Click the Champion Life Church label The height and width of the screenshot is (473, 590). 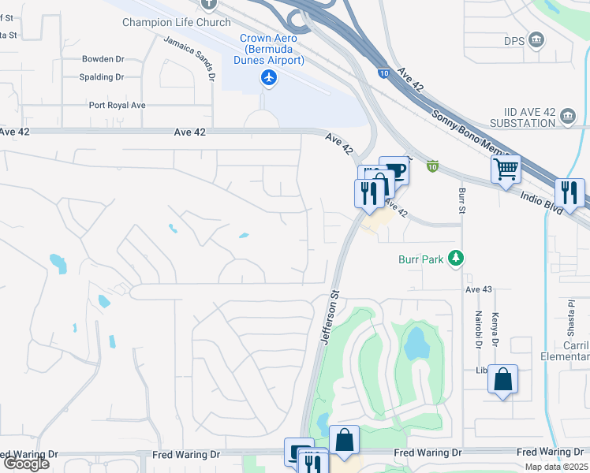(176, 22)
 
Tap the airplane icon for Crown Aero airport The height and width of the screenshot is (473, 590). (270, 77)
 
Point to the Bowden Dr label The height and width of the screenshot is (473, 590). (103, 59)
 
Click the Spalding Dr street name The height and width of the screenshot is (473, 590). (101, 77)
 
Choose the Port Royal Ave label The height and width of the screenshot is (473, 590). (117, 105)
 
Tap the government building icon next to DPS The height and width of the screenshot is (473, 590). (536, 39)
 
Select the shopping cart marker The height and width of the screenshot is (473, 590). (505, 169)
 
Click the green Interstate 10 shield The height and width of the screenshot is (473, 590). (432, 166)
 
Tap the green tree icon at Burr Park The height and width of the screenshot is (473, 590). (455, 258)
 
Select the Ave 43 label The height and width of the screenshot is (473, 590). (478, 290)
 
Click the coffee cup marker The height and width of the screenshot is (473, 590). (394, 170)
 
